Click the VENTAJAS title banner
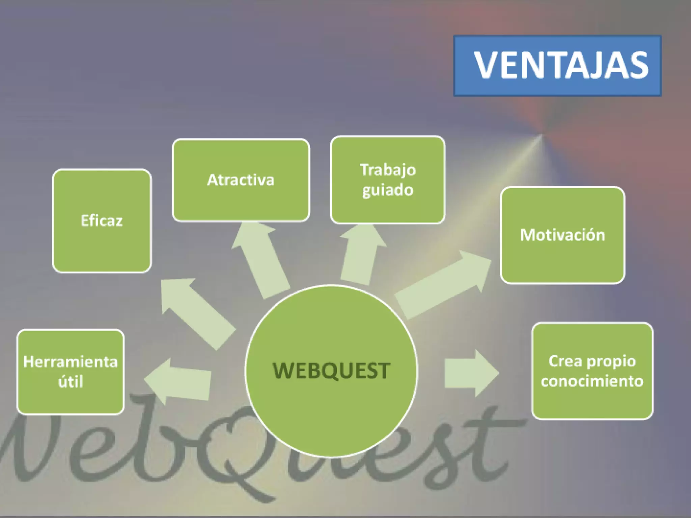click(x=557, y=66)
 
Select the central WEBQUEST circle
click(x=331, y=371)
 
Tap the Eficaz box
click(x=102, y=221)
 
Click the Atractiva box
click(x=241, y=180)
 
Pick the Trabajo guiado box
click(x=388, y=180)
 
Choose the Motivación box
click(x=562, y=235)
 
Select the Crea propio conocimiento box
click(x=592, y=371)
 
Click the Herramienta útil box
click(x=71, y=372)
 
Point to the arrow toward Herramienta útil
click(x=179, y=381)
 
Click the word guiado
click(x=388, y=190)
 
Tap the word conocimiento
click(x=592, y=381)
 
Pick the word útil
click(x=71, y=382)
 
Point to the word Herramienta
click(x=71, y=362)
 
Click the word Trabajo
click(x=388, y=170)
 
